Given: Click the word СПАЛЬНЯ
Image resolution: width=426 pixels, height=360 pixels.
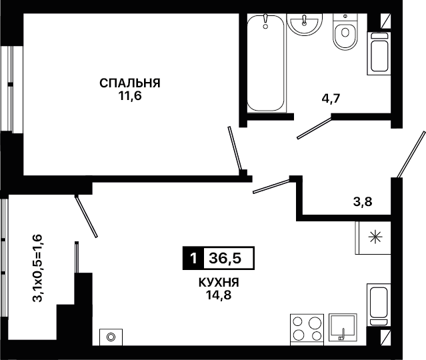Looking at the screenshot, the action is pyautogui.click(x=130, y=83).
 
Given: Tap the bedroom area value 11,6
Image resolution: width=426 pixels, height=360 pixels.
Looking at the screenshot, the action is pyautogui.click(x=130, y=96).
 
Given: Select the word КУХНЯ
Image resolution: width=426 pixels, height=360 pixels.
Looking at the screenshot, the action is pyautogui.click(x=219, y=283).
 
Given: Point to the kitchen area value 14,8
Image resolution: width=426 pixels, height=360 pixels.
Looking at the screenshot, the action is pyautogui.click(x=219, y=295).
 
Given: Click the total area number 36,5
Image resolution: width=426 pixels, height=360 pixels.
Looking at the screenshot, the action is pyautogui.click(x=225, y=258).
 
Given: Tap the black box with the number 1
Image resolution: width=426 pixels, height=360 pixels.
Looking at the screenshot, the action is pyautogui.click(x=193, y=258).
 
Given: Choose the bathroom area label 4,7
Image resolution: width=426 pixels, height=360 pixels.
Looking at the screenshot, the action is pyautogui.click(x=331, y=99).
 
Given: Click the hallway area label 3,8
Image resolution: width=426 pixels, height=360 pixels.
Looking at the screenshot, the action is pyautogui.click(x=363, y=202).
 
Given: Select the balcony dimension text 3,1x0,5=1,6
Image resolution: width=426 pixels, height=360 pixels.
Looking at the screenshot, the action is pyautogui.click(x=37, y=268).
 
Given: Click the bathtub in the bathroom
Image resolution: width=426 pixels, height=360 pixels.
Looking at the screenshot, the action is pyautogui.click(x=266, y=63).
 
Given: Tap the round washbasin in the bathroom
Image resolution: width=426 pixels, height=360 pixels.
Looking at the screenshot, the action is pyautogui.click(x=305, y=24).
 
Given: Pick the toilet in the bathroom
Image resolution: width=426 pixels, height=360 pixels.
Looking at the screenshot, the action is pyautogui.click(x=345, y=32).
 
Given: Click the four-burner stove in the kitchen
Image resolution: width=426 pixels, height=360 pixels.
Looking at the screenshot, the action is pyautogui.click(x=307, y=329).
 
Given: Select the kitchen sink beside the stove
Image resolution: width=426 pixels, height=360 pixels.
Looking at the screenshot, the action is pyautogui.click(x=343, y=327).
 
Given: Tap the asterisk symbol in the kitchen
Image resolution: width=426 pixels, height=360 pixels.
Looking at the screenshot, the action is pyautogui.click(x=375, y=237).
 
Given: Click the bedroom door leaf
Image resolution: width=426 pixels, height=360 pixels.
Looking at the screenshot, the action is pyautogui.click(x=235, y=149).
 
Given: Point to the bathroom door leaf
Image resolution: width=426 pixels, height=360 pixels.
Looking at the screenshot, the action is pyautogui.click(x=315, y=127).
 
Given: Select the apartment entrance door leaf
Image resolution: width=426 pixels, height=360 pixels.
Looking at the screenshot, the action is pyautogui.click(x=411, y=154).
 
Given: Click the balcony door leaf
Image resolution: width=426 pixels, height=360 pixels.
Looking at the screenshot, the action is pyautogui.click(x=86, y=216).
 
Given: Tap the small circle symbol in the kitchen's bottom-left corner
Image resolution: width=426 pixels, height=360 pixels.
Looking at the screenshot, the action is pyautogui.click(x=111, y=337).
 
